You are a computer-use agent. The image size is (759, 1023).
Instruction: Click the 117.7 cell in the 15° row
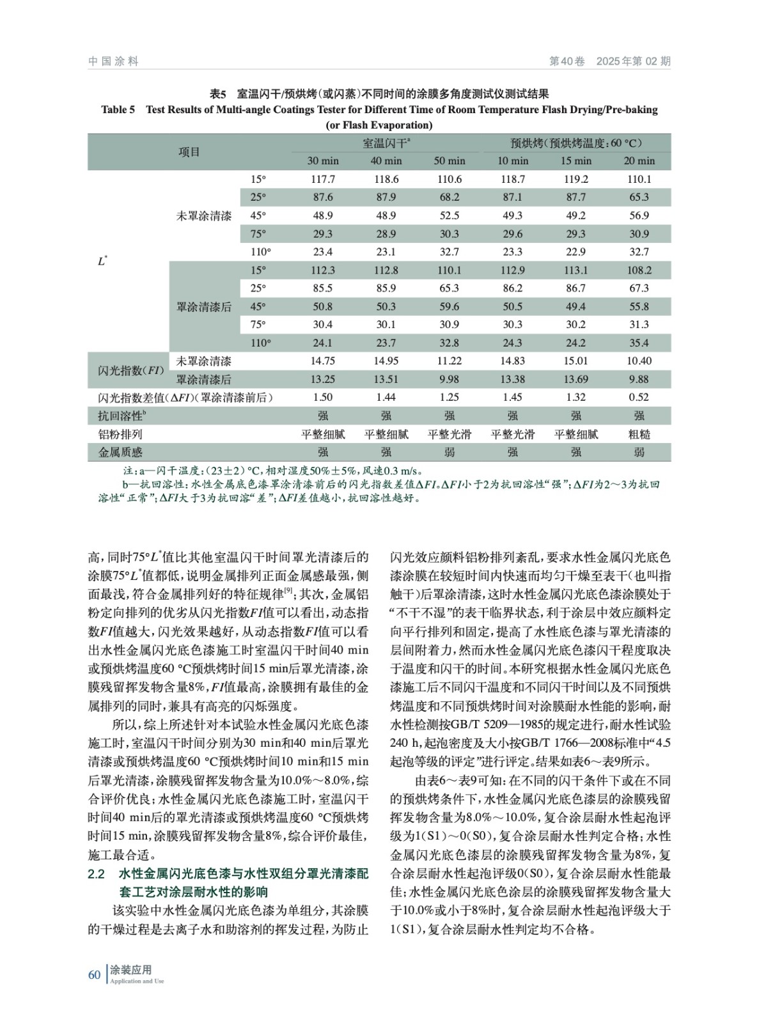click(323, 180)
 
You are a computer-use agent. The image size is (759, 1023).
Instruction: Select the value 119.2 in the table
click(576, 180)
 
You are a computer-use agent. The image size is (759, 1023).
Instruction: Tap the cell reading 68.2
click(450, 198)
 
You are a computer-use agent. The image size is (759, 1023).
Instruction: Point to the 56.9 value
click(639, 215)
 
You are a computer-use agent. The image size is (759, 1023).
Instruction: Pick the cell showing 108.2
click(639, 270)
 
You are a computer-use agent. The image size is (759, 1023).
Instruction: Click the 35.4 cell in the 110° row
click(639, 343)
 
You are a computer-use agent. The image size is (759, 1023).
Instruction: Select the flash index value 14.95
click(386, 361)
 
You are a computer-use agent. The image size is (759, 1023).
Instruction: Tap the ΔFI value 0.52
click(639, 397)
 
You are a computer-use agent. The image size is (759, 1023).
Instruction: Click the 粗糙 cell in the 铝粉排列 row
click(639, 434)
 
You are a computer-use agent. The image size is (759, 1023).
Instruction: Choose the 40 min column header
click(386, 161)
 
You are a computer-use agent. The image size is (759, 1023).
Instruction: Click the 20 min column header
click(639, 161)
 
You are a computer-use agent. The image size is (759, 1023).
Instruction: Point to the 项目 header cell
click(189, 152)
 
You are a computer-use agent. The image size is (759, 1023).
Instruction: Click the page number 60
click(94, 974)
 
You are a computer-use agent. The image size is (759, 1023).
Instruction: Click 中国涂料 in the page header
click(113, 61)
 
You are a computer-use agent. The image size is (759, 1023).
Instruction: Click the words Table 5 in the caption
click(118, 110)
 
